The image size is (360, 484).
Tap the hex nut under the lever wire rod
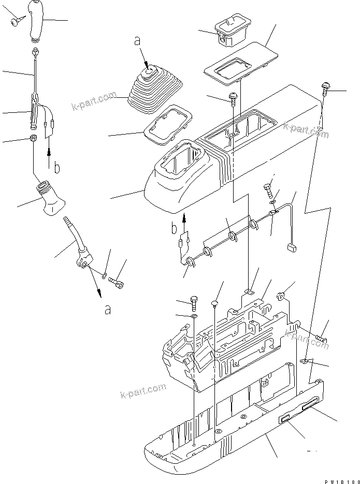point(33,139)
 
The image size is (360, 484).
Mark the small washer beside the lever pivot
point(104,275)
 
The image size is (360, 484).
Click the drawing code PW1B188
point(342,480)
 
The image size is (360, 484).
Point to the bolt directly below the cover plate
point(234,98)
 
